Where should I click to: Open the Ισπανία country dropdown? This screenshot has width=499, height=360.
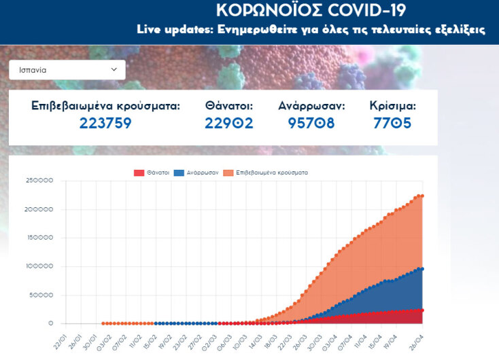[67, 69]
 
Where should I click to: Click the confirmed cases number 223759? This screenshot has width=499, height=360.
[105, 123]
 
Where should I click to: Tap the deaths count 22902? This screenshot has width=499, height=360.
[229, 123]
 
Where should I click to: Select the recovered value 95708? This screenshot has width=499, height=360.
[311, 123]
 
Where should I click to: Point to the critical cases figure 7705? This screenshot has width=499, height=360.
[392, 123]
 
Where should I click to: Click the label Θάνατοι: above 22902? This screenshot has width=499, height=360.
[229, 106]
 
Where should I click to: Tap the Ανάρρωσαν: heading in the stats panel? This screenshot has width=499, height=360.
[311, 106]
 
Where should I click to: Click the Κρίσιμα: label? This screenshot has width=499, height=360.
[392, 106]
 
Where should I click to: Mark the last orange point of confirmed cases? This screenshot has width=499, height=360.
[422, 196]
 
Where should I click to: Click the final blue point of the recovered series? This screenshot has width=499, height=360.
[422, 269]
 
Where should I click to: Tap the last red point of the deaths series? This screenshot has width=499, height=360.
[422, 310]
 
